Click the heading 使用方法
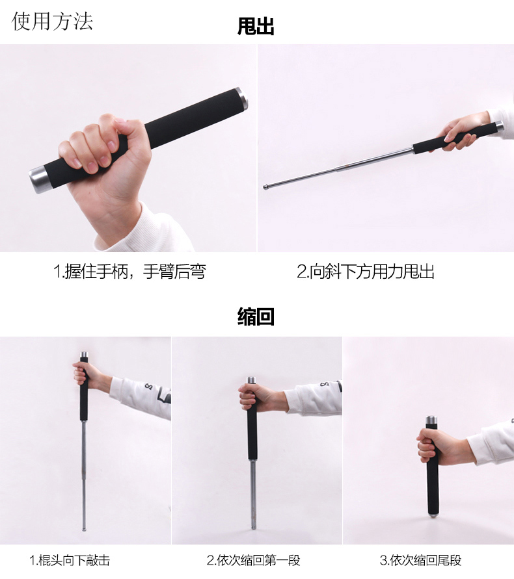tap(52, 21)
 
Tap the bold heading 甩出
tap(256, 26)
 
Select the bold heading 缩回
tap(256, 316)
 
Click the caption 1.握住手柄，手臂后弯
tap(129, 272)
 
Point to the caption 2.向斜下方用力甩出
tap(366, 272)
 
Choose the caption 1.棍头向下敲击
tap(70, 560)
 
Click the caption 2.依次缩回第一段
tap(253, 560)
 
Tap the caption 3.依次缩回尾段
tap(420, 560)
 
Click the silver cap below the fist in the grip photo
tap(38, 179)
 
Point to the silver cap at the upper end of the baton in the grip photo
tap(241, 99)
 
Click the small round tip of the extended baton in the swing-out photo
tap(265, 187)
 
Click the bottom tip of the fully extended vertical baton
tap(84, 528)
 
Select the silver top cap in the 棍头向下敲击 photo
tap(84, 356)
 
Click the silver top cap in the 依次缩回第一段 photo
tap(251, 381)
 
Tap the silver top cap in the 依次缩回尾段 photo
tap(431, 420)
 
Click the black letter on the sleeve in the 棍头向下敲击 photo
tap(148, 387)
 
